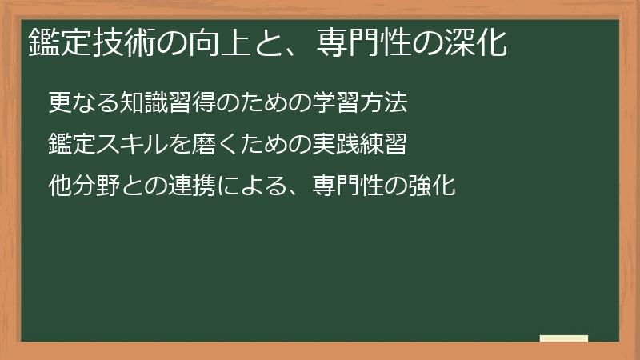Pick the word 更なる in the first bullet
[84, 103]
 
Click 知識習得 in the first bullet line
[169, 103]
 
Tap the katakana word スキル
[133, 146]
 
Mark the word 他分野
[84, 188]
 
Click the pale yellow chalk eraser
[564, 338]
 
